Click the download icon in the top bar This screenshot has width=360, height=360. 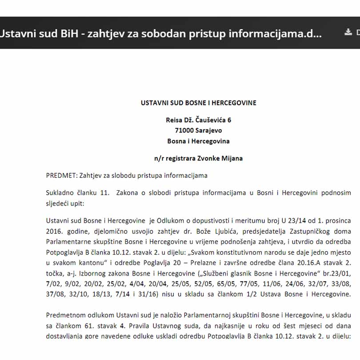(x=348, y=32)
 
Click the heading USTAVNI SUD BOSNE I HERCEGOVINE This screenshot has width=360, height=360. (x=198, y=103)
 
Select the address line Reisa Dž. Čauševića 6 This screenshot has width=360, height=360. (x=198, y=120)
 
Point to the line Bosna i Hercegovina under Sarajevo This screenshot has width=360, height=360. (x=198, y=141)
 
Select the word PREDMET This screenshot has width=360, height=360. (x=60, y=176)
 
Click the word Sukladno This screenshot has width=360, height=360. (x=60, y=192)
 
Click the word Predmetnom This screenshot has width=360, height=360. (x=64, y=315)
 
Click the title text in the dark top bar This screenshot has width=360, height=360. (x=160, y=33)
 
